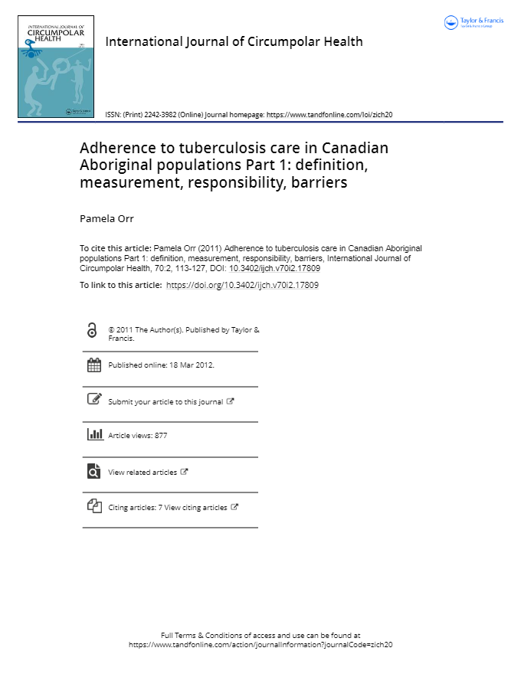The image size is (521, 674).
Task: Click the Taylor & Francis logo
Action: click(473, 22)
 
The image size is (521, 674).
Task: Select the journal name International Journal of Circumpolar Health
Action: click(234, 41)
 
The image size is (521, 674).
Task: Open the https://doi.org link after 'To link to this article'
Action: click(242, 285)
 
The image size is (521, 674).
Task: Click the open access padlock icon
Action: click(93, 330)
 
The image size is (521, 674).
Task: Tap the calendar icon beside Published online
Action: click(94, 365)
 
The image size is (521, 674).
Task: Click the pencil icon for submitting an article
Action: click(94, 399)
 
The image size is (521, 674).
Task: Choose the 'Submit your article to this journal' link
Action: click(165, 401)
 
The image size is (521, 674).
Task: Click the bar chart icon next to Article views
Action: click(94, 434)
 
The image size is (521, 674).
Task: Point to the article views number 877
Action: click(160, 435)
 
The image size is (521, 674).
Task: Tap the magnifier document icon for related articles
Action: click(93, 471)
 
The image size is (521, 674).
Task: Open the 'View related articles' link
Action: click(143, 472)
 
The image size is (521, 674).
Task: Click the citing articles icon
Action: click(94, 505)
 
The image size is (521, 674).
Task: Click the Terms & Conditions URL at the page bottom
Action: click(260, 645)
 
